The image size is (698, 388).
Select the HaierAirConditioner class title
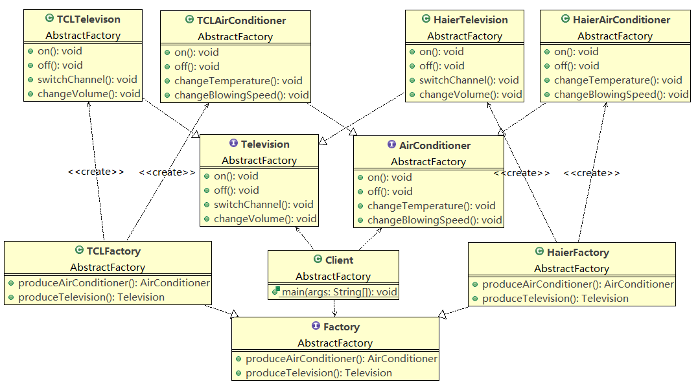click(x=621, y=19)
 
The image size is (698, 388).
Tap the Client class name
click(x=339, y=260)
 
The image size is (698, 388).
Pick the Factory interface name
click(x=341, y=327)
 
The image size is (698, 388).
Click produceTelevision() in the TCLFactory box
click(x=91, y=297)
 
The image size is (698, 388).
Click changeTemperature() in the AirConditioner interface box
click(x=431, y=206)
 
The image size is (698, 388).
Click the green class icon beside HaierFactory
click(x=540, y=251)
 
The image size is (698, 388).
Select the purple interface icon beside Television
click(x=233, y=143)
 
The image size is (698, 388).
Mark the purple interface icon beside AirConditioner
click(x=391, y=144)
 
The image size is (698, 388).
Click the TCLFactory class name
click(x=113, y=251)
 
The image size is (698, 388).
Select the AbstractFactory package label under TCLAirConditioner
click(x=235, y=36)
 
